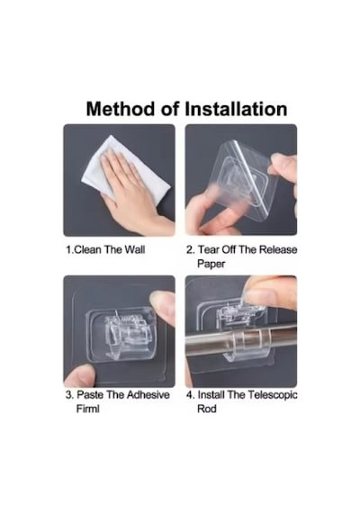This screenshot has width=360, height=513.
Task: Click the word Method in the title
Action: point(121,109)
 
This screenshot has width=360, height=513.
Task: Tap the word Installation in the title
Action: point(236,109)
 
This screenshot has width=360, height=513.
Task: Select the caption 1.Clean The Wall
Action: point(105,250)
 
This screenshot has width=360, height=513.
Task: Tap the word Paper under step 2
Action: point(211,264)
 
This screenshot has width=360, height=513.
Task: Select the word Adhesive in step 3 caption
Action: point(148,394)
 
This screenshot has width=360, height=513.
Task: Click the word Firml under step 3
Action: point(87,409)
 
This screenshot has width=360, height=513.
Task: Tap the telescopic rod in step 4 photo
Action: point(241,340)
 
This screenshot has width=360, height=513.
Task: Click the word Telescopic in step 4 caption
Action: point(273,394)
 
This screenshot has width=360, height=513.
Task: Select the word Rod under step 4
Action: point(207,409)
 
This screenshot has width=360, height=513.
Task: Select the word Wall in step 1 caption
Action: point(135,250)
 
